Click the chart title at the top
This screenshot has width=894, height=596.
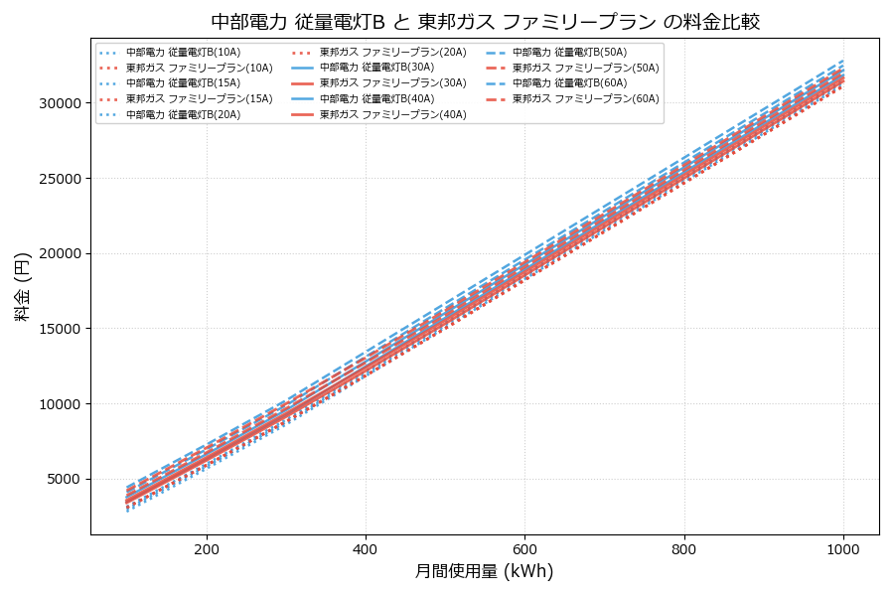pos(485,22)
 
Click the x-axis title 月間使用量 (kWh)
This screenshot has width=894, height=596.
pos(484,571)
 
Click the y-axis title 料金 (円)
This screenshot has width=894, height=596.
pos(22,286)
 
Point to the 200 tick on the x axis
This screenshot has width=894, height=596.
pos(207,547)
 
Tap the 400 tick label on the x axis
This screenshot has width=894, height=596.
pos(366,547)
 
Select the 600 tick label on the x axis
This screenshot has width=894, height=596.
pos(524,547)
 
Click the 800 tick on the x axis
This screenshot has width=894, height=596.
pos(684,547)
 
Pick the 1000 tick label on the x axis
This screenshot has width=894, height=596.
pos(843,547)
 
